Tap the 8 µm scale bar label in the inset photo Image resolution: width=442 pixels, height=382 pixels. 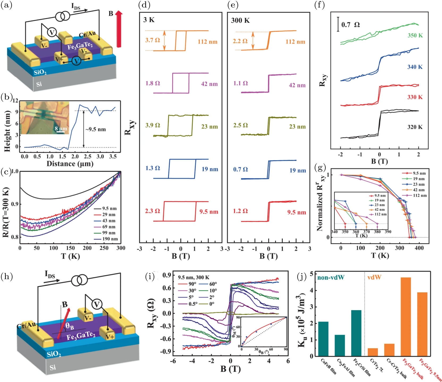pyautogui.click(x=61, y=129)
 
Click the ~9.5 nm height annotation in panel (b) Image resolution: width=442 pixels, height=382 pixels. pyautogui.click(x=95, y=130)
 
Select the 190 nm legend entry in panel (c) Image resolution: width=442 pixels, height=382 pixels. pyautogui.click(x=110, y=239)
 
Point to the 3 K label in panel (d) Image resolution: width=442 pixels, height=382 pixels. pyautogui.click(x=149, y=20)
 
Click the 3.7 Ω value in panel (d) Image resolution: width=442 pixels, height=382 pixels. pyautogui.click(x=153, y=40)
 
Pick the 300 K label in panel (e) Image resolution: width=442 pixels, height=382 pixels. pyautogui.click(x=240, y=20)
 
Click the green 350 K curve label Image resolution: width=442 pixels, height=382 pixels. pyautogui.click(x=415, y=36)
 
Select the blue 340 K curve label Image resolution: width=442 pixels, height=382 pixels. pyautogui.click(x=415, y=67)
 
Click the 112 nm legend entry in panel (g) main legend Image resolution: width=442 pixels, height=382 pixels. pyautogui.click(x=420, y=196)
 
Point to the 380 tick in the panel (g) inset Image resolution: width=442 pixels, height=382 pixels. pyautogui.click(x=377, y=232)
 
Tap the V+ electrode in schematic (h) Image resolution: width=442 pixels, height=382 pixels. pyautogui.click(x=110, y=337)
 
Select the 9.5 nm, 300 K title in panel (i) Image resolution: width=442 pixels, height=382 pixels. pyautogui.click(x=193, y=277)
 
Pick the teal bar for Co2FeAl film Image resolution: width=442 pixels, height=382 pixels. pyautogui.click(x=340, y=345)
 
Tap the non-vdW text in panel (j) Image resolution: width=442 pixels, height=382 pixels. pyautogui.click(x=331, y=277)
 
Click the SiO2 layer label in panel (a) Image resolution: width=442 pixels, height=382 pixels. pyautogui.click(x=40, y=72)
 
